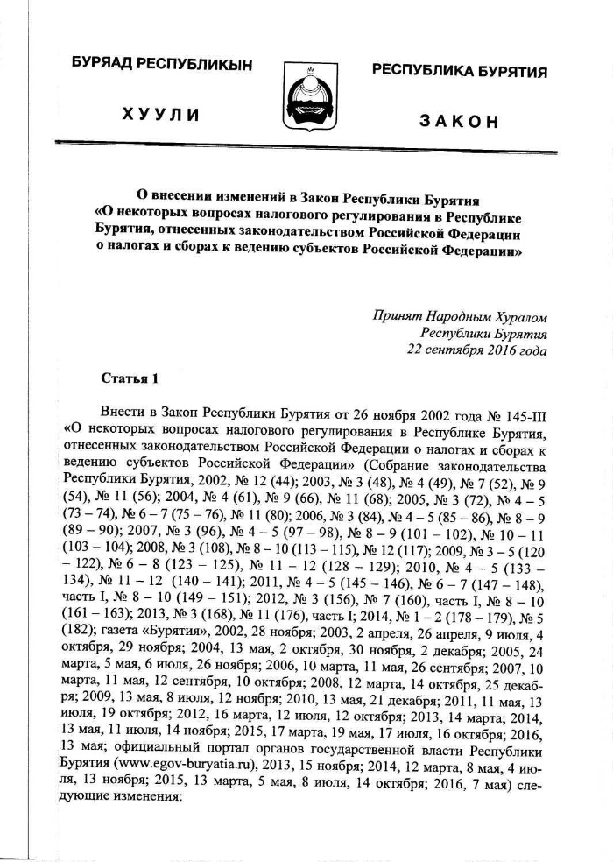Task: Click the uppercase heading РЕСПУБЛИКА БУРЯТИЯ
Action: pyautogui.click(x=460, y=71)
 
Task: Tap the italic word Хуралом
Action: pyautogui.click(x=518, y=314)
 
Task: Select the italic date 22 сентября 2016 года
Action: pyautogui.click(x=477, y=350)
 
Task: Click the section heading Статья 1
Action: pyautogui.click(x=131, y=379)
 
